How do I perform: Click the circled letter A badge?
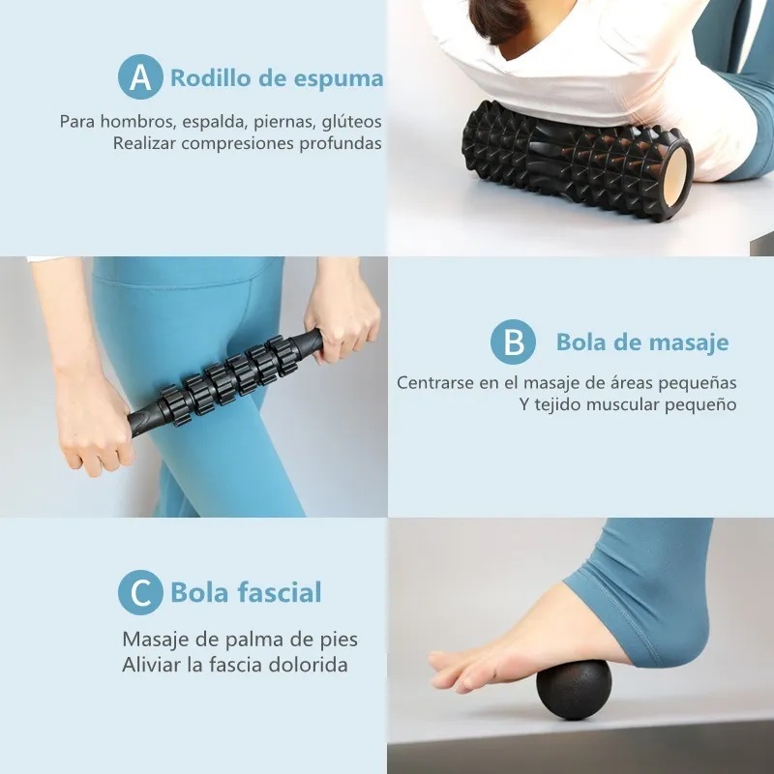tap(140, 77)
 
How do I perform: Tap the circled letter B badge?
tap(513, 342)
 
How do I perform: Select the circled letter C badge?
tap(140, 592)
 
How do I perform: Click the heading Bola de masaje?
tap(641, 342)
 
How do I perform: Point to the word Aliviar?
tap(153, 665)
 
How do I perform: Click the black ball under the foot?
tap(573, 690)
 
